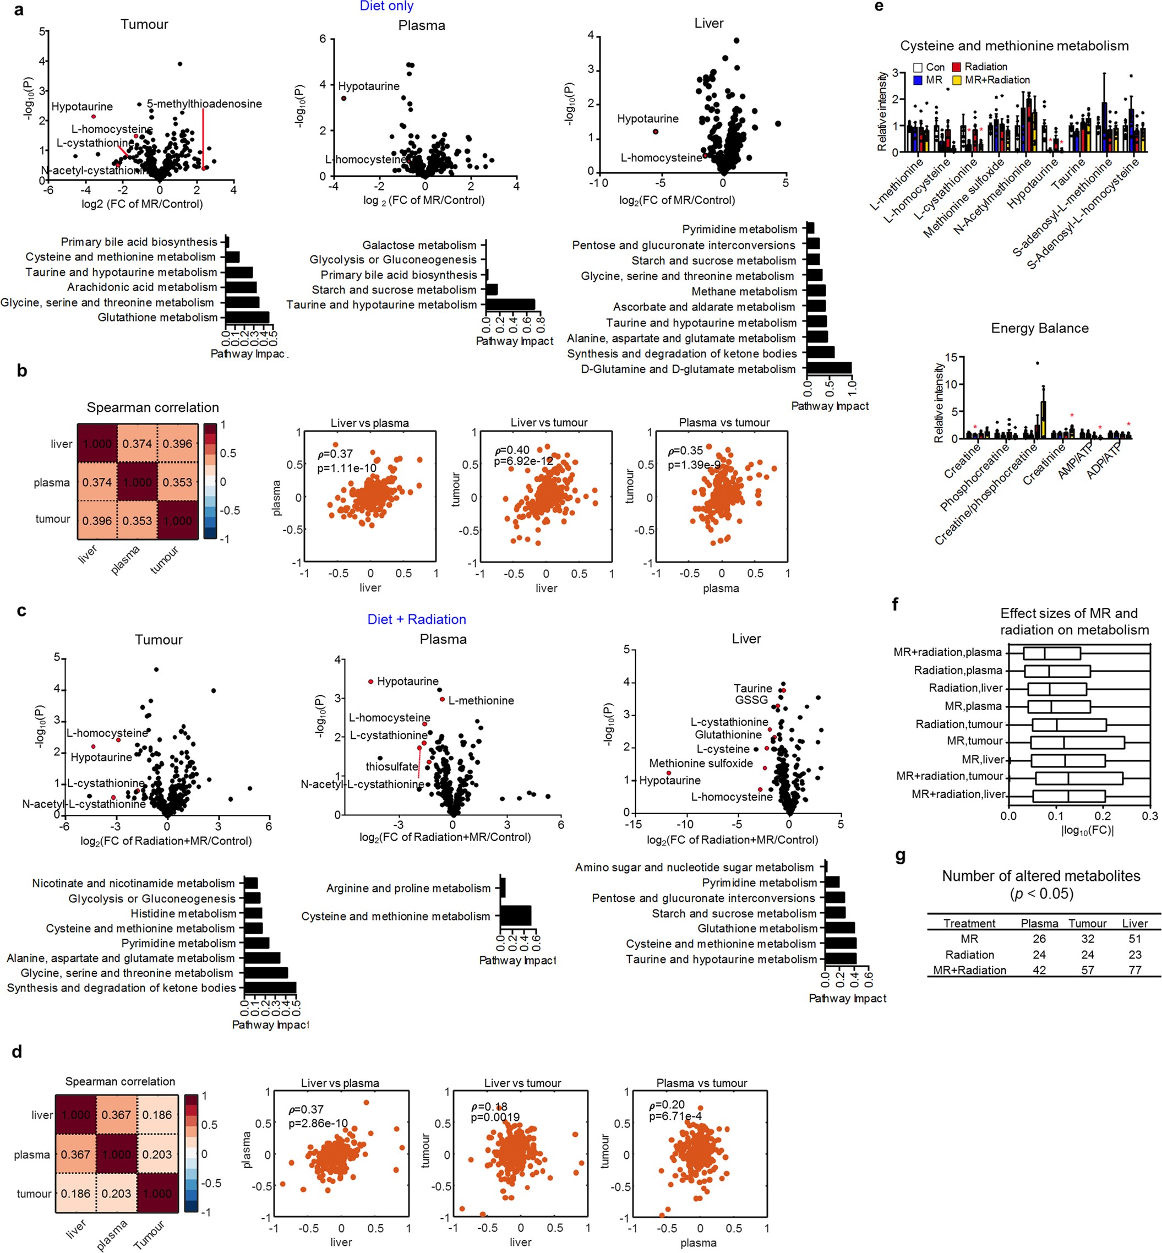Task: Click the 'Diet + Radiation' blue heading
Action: (417, 619)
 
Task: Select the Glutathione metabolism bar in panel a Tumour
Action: (247, 318)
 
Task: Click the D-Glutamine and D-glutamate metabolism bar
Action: (829, 369)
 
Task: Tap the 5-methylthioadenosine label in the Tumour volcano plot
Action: (204, 104)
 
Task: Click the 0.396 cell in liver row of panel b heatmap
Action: (177, 444)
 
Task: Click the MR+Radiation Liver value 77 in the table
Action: (1134, 970)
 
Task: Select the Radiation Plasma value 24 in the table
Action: (1039, 954)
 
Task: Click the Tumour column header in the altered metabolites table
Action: (1087, 923)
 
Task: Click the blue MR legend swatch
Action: (918, 80)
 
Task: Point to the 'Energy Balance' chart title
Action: (1039, 328)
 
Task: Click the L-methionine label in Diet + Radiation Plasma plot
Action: (481, 700)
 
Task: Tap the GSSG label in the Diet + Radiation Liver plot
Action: (751, 700)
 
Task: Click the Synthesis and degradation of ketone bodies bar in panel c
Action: (270, 988)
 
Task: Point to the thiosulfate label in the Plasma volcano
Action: (392, 766)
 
